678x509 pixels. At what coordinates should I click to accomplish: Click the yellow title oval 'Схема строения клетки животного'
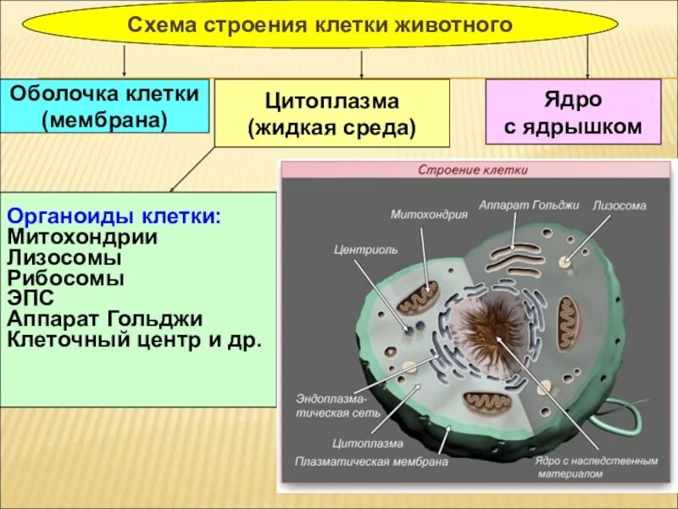320,24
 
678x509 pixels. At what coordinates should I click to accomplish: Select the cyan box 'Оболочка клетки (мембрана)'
104,106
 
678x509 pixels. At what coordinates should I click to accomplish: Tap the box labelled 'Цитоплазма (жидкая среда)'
331,114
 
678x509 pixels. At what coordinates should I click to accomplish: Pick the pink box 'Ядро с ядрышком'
572,113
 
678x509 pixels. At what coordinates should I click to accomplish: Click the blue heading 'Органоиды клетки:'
114,217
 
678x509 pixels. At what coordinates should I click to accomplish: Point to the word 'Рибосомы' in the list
65,277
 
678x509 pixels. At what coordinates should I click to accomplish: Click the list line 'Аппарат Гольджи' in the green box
104,319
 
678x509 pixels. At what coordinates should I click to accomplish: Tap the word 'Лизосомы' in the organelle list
64,257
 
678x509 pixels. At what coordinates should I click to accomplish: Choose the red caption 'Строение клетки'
473,170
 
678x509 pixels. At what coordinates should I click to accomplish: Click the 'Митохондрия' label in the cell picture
429,215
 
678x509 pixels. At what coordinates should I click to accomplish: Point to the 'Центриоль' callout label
355,251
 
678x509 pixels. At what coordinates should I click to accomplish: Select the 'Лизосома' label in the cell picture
619,205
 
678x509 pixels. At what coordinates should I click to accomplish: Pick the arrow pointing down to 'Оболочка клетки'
125,62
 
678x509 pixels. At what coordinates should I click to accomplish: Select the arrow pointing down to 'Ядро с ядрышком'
587,62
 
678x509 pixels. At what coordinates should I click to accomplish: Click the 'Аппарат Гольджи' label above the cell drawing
516,205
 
